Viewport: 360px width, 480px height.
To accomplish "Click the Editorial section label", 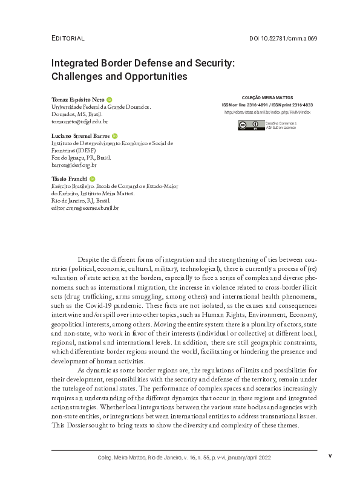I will click(x=67, y=38).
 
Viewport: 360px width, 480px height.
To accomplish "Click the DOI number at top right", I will click(x=283, y=38).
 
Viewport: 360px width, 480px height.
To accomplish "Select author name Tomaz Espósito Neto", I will click(x=77, y=99).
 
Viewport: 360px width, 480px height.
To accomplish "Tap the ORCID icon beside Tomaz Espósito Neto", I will click(x=110, y=99).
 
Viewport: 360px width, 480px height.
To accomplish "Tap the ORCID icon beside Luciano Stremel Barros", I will click(x=115, y=137).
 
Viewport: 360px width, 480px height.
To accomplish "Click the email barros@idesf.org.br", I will click(x=74, y=164).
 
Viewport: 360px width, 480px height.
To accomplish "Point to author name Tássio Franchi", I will click(x=69, y=180).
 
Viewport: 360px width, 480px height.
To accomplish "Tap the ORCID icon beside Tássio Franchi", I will click(x=93, y=180).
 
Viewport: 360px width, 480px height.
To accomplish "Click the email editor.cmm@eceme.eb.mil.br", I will click(x=85, y=208).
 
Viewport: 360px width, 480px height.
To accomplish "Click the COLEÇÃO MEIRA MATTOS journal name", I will click(x=267, y=97).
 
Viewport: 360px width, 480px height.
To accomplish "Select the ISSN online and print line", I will click(x=267, y=105).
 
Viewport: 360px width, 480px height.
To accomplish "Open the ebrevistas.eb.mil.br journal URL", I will click(x=267, y=112).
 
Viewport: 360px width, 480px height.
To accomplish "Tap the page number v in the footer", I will click(x=330, y=456).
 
